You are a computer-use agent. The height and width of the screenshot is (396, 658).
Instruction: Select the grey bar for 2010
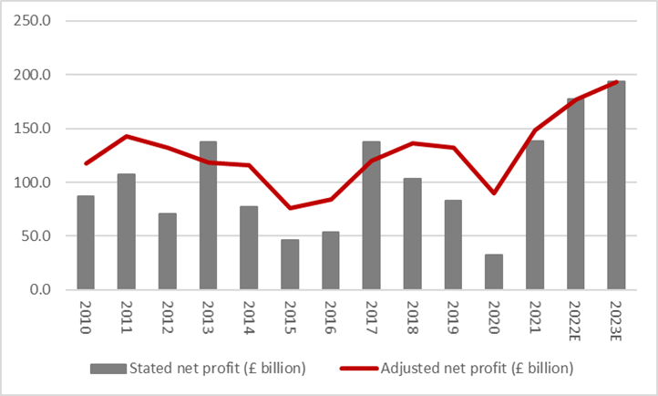tap(86, 243)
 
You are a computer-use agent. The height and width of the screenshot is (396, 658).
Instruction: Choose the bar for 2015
tap(289, 265)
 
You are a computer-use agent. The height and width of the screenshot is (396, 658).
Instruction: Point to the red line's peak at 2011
tap(126, 136)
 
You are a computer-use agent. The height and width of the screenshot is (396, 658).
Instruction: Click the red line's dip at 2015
tap(289, 208)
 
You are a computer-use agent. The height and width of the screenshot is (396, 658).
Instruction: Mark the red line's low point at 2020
tap(493, 193)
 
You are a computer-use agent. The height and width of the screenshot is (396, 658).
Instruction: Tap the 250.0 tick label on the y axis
tap(34, 20)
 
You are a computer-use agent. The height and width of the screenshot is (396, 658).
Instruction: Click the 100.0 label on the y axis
tap(34, 182)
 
